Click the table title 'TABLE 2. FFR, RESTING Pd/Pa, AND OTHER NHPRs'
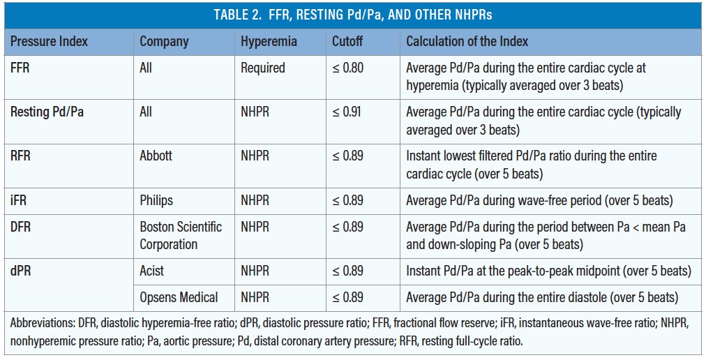pos(352,15)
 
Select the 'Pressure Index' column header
pos(49,41)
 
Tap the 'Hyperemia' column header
pos(269,41)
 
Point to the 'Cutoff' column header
pos(347,41)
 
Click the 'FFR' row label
pos(21,68)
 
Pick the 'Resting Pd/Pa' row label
pos(47,112)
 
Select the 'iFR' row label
pos(19,200)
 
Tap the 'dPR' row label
pos(22,271)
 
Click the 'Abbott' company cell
pos(156,156)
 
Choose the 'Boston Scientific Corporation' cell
pos(181,235)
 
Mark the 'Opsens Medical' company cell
pos(179,297)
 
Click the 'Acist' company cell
pos(153,271)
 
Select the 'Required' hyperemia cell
pos(263,68)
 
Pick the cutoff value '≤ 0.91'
pos(347,112)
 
